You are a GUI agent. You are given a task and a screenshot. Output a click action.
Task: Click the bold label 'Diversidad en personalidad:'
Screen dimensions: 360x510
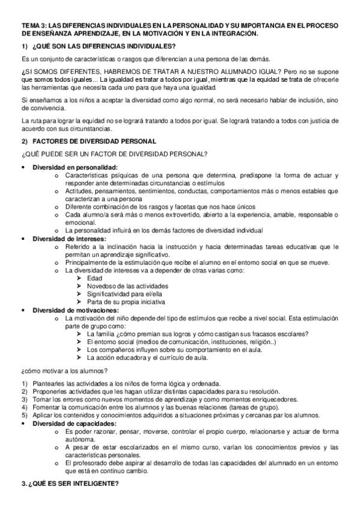point(75,167)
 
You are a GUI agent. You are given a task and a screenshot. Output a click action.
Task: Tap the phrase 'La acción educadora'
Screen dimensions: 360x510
point(115,358)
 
